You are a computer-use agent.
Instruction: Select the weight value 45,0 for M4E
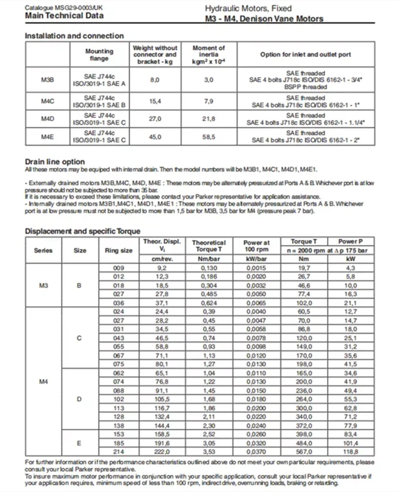click(x=154, y=137)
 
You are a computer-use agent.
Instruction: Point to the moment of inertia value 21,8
click(x=208, y=119)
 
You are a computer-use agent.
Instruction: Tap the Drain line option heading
click(x=54, y=161)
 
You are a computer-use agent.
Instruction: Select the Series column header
click(x=44, y=251)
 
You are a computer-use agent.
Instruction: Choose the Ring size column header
click(x=118, y=251)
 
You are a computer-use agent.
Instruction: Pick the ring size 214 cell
click(x=118, y=450)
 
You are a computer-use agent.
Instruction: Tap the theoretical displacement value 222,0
click(x=161, y=450)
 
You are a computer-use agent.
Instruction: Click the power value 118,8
click(x=351, y=450)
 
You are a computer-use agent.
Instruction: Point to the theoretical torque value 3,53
click(x=209, y=450)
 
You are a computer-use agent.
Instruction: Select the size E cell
click(x=79, y=442)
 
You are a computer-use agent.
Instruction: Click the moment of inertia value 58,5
click(x=208, y=137)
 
